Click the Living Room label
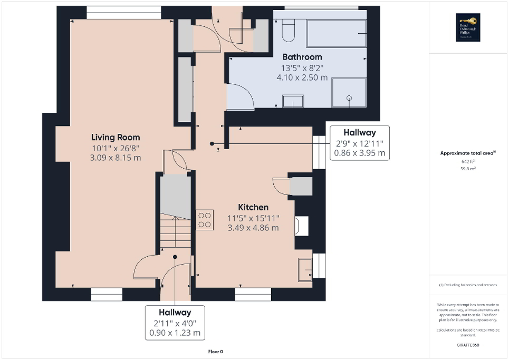click(x=116, y=137)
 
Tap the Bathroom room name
click(x=302, y=57)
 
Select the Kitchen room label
click(x=253, y=207)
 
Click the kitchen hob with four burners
click(x=205, y=220)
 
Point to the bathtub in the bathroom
click(x=337, y=33)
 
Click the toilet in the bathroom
click(x=288, y=31)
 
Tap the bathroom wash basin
click(x=293, y=101)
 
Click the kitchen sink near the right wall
click(x=305, y=268)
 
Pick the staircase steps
click(x=175, y=232)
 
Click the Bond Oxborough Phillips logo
click(x=466, y=27)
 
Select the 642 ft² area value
click(x=468, y=162)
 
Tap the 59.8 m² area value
click(x=468, y=169)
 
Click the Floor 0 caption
click(x=216, y=352)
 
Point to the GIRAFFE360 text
click(x=468, y=345)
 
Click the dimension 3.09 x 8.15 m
click(x=116, y=158)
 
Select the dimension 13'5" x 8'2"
click(x=302, y=67)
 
